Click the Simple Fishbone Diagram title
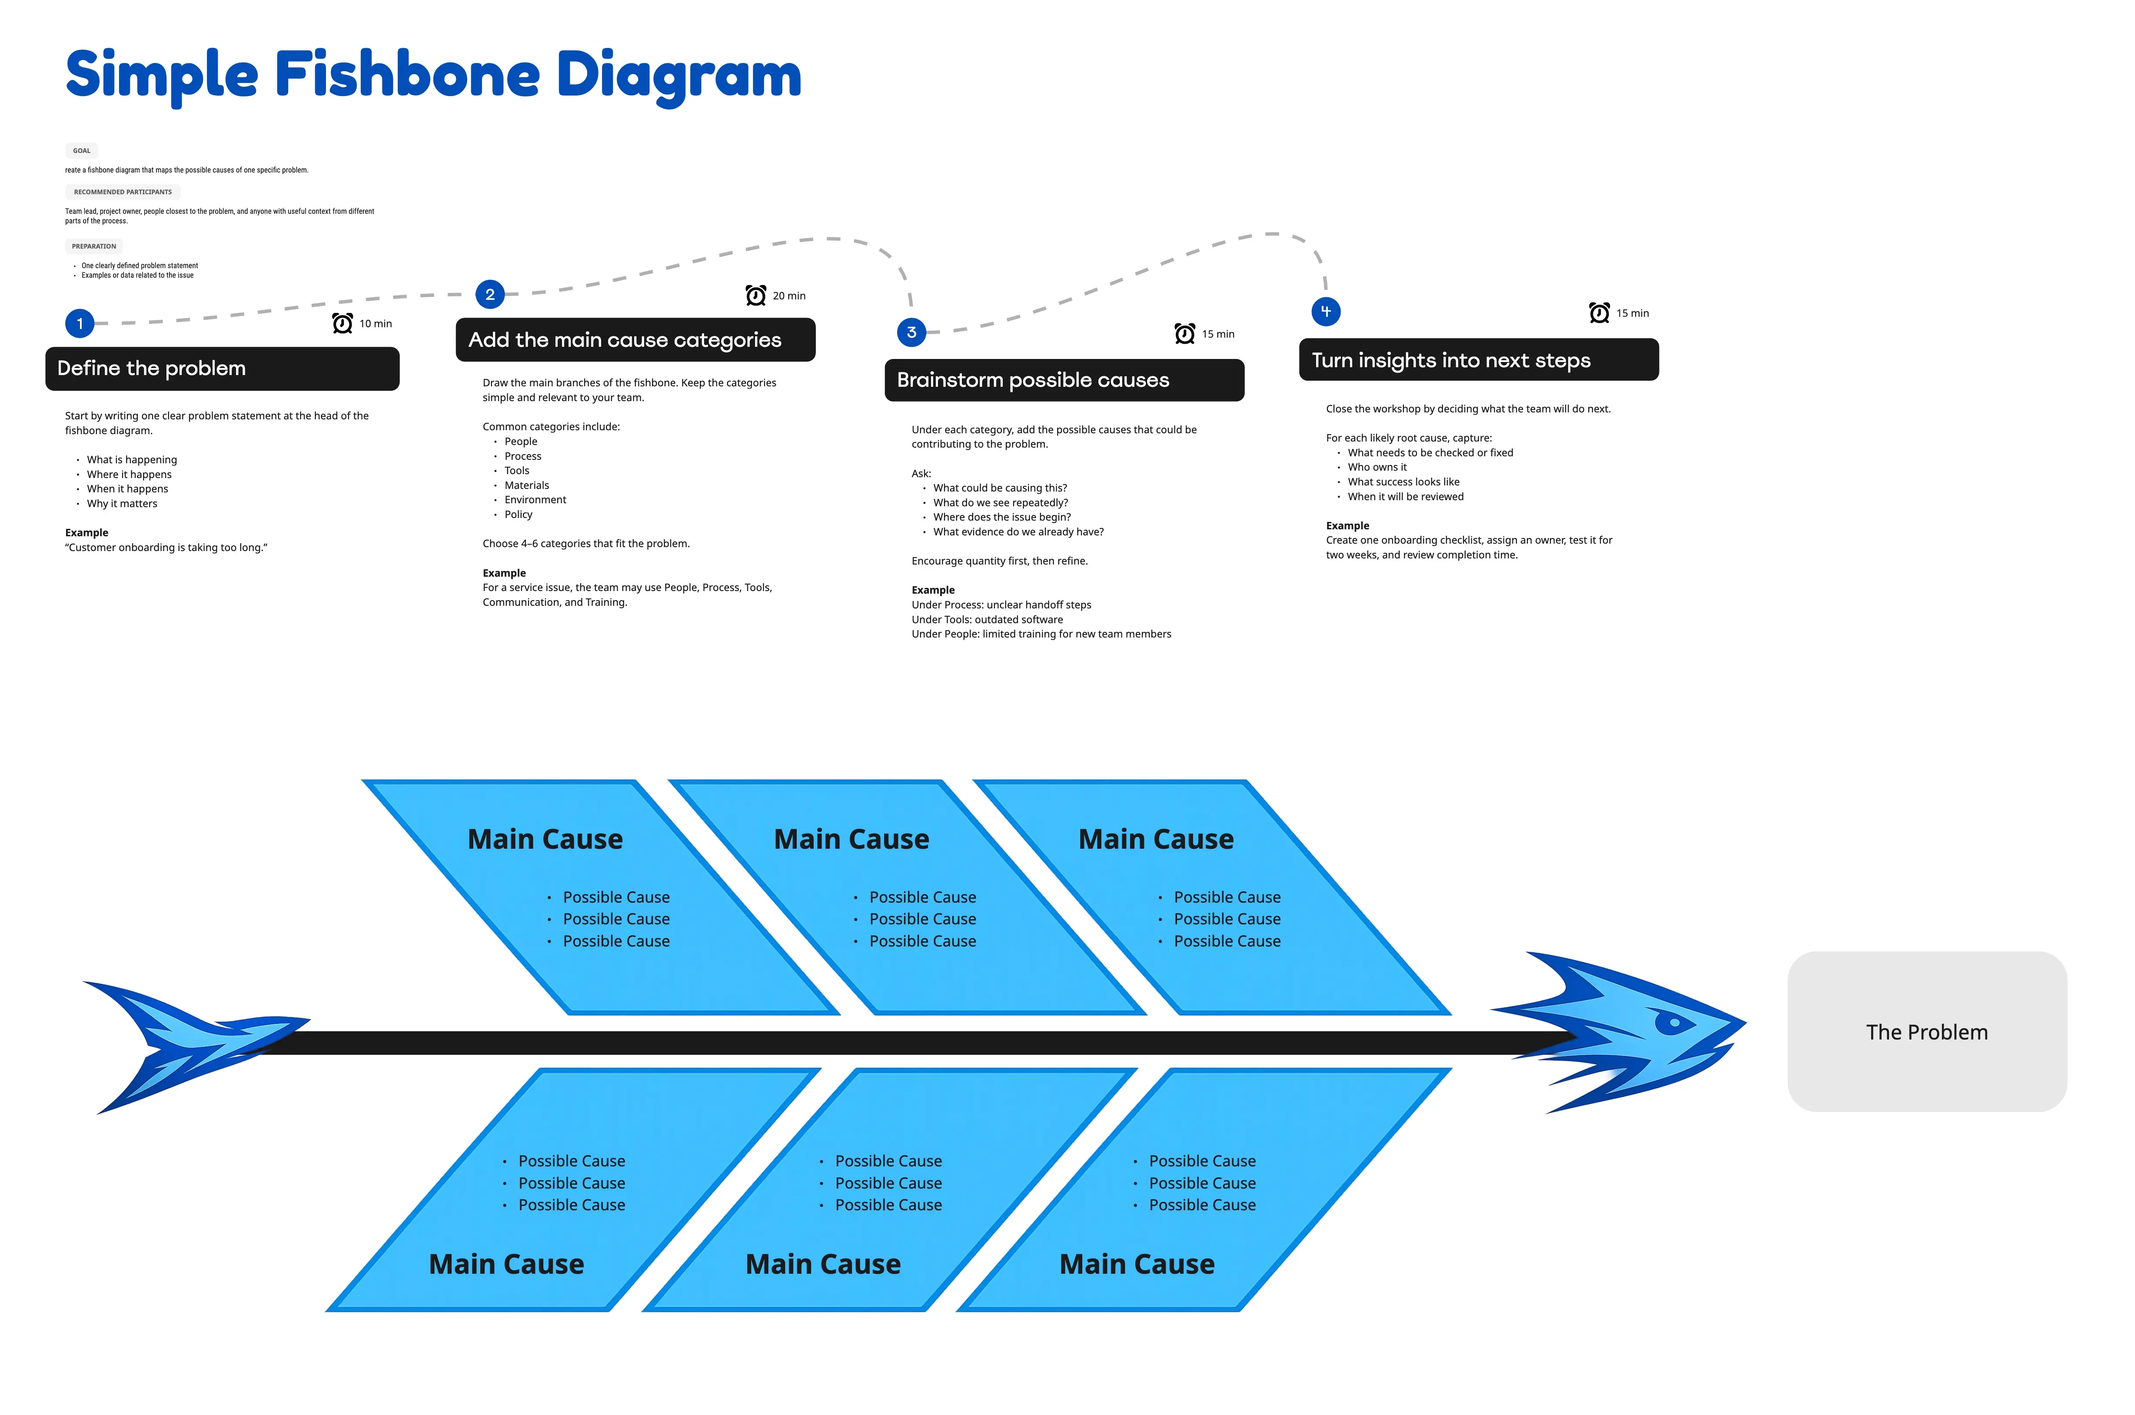(433, 75)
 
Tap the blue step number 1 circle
(80, 323)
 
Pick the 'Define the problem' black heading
(222, 368)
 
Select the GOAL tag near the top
(81, 151)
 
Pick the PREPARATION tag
(94, 246)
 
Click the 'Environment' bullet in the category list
(535, 500)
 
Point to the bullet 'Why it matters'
(122, 504)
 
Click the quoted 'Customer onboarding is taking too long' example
(166, 548)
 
